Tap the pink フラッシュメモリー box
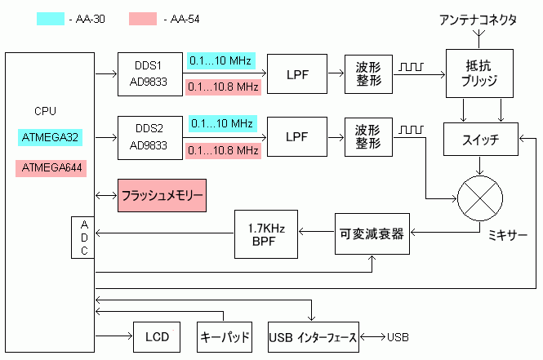(161, 197)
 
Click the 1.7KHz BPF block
(265, 233)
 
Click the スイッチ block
(480, 138)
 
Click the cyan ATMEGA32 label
(50, 137)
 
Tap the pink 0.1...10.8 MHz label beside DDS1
(222, 87)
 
